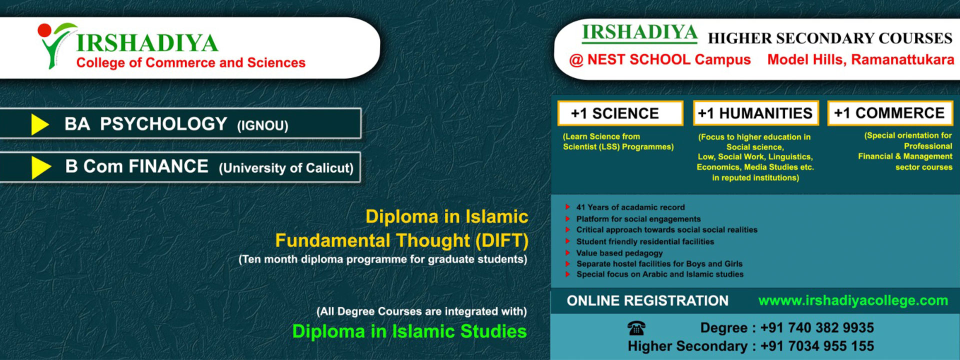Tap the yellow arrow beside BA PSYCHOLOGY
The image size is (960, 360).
coord(40,124)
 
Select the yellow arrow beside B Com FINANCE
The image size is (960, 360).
coord(41,167)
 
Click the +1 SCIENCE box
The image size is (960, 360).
coord(620,113)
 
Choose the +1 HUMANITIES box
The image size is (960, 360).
coord(755,113)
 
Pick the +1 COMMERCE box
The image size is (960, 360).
coord(890,113)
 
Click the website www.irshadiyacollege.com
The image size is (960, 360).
coord(853,300)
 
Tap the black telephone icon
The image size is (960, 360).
coord(636,328)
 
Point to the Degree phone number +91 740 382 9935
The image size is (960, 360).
coord(817,328)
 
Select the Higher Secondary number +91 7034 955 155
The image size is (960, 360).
coord(817,346)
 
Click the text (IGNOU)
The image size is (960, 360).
coord(262,125)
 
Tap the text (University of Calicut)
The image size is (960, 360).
coord(286,168)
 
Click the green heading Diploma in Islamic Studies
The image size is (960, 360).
coord(409,331)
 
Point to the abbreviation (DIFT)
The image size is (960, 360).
coord(501,241)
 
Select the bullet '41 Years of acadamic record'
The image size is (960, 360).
coord(630,207)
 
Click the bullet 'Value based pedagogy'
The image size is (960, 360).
coord(619,253)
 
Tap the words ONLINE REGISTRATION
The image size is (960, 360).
coord(647,300)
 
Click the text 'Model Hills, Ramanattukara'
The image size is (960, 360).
coord(860,59)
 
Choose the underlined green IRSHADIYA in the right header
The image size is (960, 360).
coord(639,33)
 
